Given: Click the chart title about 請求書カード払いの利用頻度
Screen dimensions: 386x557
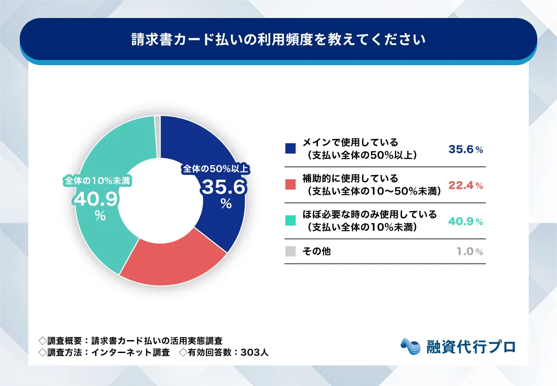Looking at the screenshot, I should tap(278, 39).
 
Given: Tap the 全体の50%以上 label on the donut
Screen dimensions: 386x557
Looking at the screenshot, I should tap(216, 169).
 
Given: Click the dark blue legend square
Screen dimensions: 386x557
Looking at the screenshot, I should tap(290, 149).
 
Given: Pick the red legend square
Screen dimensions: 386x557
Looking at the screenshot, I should tap(290, 185).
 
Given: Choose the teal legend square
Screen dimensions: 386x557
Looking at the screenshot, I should tap(290, 221).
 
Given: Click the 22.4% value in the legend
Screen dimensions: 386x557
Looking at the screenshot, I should tap(466, 185).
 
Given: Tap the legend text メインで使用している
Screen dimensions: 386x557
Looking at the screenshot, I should tap(350, 142).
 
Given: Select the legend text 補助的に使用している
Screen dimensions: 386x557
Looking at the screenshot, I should tap(350, 178).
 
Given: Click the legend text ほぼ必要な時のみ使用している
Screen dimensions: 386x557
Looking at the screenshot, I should tap(369, 214).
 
